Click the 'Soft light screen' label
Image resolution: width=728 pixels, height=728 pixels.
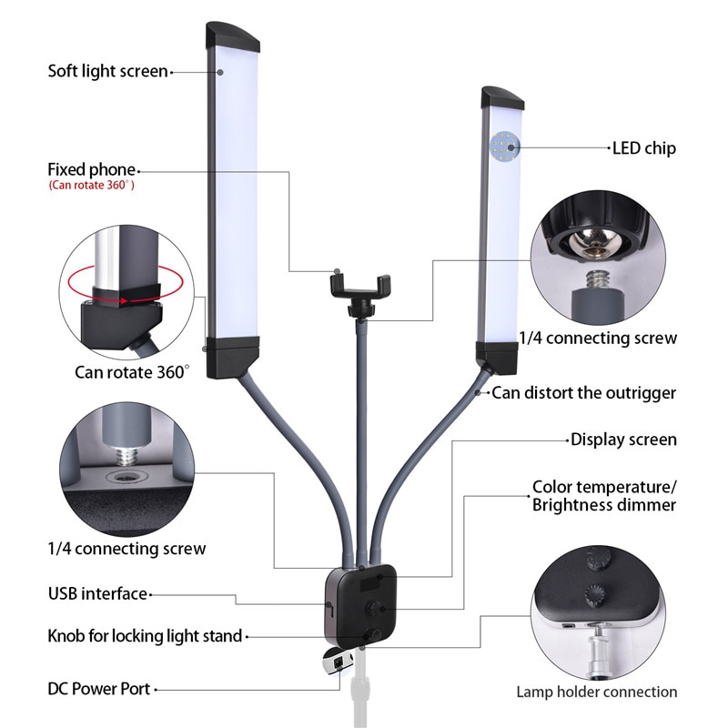pos(107,71)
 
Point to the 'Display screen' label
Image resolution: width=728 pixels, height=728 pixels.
pos(623,440)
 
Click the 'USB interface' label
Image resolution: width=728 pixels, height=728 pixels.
pos(97,593)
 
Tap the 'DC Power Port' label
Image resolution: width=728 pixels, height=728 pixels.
pos(98,689)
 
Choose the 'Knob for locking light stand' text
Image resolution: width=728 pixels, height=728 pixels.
pos(145,635)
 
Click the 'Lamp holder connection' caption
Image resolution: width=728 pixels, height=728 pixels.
pos(596,692)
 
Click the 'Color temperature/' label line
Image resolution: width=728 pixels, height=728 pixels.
pos(604,487)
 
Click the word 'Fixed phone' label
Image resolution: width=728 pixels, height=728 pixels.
pos(91,169)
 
